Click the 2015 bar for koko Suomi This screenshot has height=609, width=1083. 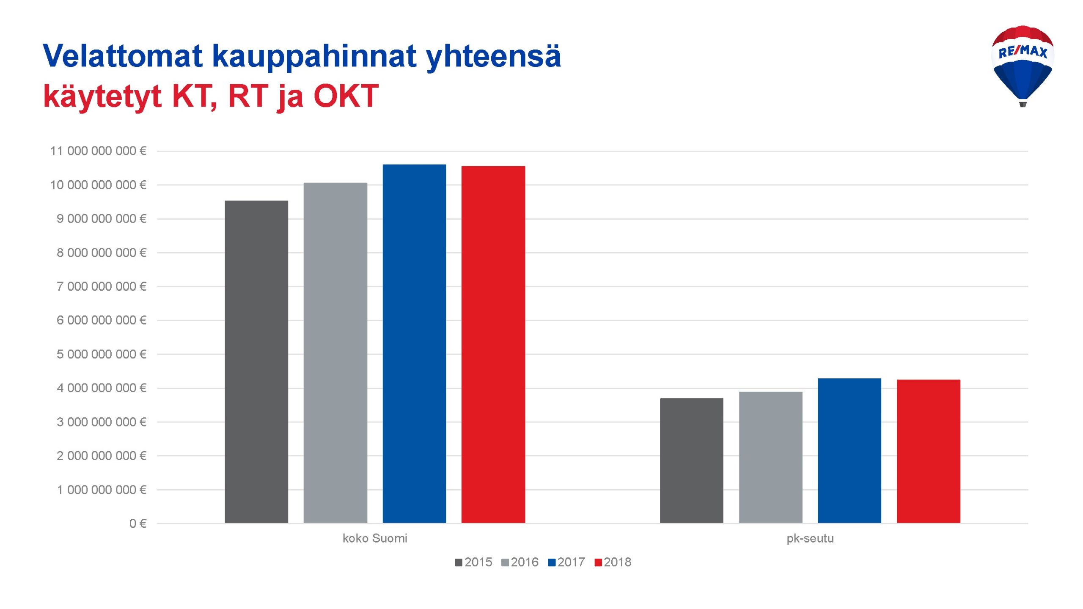click(x=256, y=362)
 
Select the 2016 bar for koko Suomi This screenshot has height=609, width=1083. click(x=335, y=353)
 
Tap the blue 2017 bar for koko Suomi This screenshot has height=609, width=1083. click(x=414, y=344)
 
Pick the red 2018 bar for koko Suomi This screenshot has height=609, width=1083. click(x=493, y=344)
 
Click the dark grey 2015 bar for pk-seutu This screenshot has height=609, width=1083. click(x=692, y=460)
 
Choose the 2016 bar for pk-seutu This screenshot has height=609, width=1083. click(x=771, y=457)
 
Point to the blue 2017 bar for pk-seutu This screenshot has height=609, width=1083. click(x=849, y=451)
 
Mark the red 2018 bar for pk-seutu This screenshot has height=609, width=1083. click(x=929, y=451)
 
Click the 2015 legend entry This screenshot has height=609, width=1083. click(x=473, y=562)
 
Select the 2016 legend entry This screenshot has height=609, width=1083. click(x=520, y=562)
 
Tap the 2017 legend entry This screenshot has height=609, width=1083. click(x=566, y=562)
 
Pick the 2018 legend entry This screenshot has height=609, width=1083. click(x=613, y=562)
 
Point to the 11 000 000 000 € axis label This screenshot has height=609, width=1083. click(x=98, y=151)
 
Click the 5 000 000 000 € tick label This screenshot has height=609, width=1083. click(x=102, y=354)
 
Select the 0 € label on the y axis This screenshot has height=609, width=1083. click(x=138, y=524)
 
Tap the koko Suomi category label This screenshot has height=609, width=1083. click(x=375, y=538)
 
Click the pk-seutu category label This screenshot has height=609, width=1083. click(x=810, y=538)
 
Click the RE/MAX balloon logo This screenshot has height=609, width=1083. click(x=1023, y=66)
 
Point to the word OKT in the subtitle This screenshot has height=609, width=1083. click(x=346, y=96)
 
